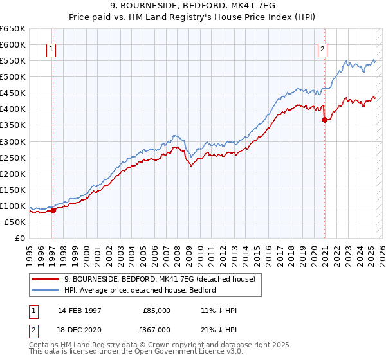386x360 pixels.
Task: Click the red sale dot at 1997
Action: pyautogui.click(x=53, y=211)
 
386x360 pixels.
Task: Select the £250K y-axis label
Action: pyautogui.click(x=13, y=157)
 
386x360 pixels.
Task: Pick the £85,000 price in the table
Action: pyautogui.click(x=157, y=310)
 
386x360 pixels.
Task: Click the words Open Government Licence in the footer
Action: pyautogui.click(x=174, y=353)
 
